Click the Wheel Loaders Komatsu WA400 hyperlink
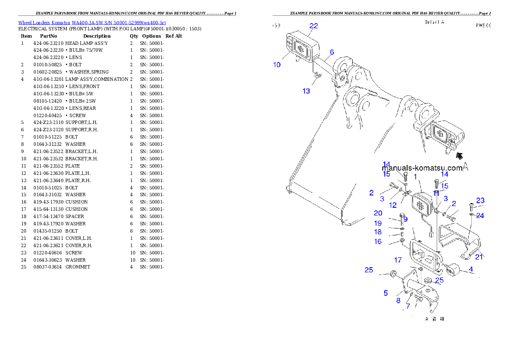92,22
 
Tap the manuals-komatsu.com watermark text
422,168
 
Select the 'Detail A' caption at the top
434,22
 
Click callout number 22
314,26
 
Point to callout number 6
331,52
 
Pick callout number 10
277,65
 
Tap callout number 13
306,91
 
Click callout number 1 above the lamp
415,177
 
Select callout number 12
393,205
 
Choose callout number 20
378,213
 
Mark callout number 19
378,223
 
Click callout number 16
378,242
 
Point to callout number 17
398,260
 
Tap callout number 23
480,200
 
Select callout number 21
479,257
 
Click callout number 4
471,269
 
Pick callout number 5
385,293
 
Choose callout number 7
408,306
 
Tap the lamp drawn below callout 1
420,205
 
